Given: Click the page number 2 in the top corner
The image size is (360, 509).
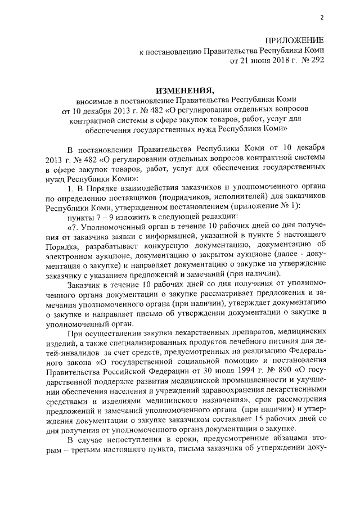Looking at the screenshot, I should [x=322, y=17].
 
